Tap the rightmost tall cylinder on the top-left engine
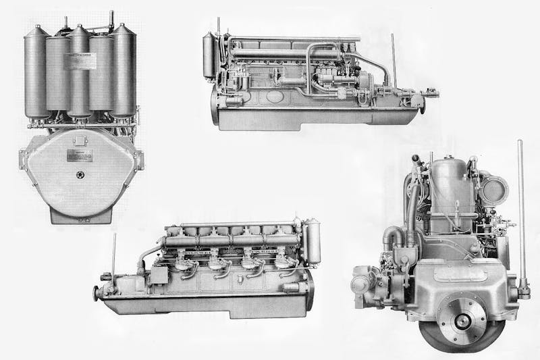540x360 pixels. coord(124,71)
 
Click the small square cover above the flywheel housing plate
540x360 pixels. coord(80,140)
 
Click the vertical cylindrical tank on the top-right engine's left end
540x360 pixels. coord(209,57)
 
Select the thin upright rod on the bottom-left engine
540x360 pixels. coord(113,253)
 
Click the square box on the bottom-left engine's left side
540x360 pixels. coord(159,275)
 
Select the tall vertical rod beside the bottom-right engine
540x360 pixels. coord(520,216)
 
